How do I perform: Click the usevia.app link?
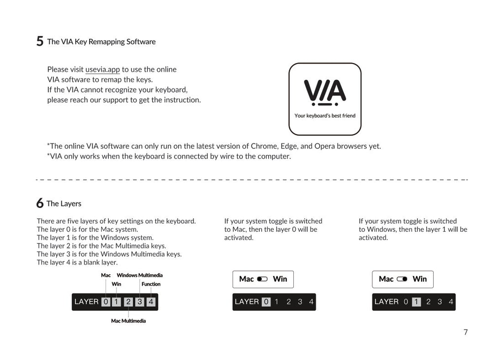[x=102, y=69]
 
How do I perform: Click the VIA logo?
[x=325, y=92]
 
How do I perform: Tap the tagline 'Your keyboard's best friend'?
[x=325, y=116]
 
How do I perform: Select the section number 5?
[x=40, y=41]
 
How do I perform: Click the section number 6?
[x=39, y=204]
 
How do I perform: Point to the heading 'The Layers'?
[x=64, y=204]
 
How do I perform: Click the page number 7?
[x=465, y=332]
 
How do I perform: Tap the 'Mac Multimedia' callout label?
[x=128, y=321]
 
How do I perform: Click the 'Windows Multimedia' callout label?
[x=139, y=275]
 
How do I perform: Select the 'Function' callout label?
[x=151, y=284]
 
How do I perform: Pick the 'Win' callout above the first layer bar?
[x=116, y=284]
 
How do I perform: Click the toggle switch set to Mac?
[x=262, y=279]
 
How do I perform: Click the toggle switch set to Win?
[x=402, y=279]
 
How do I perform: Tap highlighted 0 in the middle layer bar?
[x=266, y=301]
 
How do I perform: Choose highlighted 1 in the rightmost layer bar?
[x=416, y=301]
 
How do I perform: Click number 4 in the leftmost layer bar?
[x=151, y=301]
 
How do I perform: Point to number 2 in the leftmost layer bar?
[x=128, y=301]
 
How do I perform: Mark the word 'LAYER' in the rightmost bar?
[x=386, y=301]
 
